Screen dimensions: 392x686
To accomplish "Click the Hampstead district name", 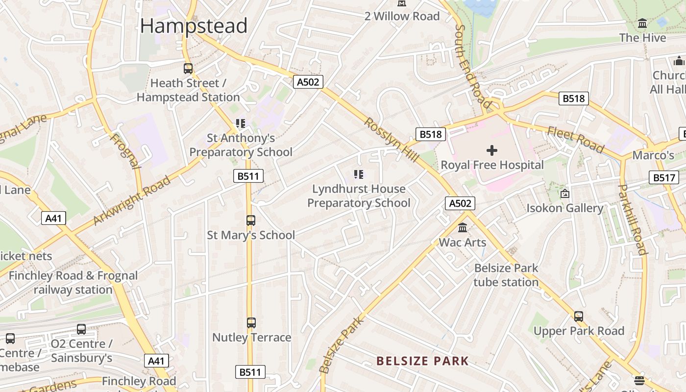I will click(194, 25).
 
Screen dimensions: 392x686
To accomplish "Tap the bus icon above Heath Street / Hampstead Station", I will click(188, 69).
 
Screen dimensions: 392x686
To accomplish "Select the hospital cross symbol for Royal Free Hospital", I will click(492, 150).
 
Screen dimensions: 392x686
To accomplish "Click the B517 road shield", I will click(664, 177).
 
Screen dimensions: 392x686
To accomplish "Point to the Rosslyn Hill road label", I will click(391, 140).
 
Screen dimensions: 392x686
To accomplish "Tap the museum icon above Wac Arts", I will click(463, 228).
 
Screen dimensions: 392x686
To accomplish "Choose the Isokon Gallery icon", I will click(565, 194).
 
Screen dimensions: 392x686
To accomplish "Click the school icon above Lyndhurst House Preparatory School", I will click(359, 174).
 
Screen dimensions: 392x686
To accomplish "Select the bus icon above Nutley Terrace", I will click(251, 323).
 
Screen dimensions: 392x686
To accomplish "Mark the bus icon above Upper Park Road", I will click(579, 317).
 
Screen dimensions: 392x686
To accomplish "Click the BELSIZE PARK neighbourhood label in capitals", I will click(422, 362).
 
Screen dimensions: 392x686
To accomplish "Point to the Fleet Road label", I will click(576, 139).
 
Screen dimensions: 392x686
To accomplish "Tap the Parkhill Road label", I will click(632, 219).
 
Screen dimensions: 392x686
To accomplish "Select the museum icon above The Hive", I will click(642, 24).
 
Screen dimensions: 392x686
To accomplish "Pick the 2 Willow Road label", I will click(402, 16).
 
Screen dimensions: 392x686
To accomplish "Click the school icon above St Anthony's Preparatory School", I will click(240, 123).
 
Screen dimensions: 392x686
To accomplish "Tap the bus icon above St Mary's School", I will click(251, 220).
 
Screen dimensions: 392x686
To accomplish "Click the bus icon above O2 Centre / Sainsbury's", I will click(81, 329).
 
